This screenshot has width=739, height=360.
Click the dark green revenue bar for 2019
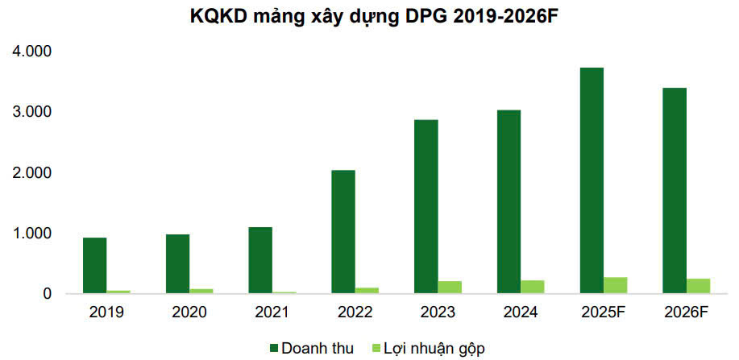pyautogui.click(x=95, y=266)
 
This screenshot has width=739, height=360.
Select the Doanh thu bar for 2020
pyautogui.click(x=178, y=264)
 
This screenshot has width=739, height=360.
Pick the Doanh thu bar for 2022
pyautogui.click(x=343, y=232)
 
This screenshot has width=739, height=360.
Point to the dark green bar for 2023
pyautogui.click(x=426, y=207)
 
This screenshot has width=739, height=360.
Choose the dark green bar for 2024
pyautogui.click(x=509, y=202)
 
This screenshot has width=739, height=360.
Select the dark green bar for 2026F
pyautogui.click(x=675, y=191)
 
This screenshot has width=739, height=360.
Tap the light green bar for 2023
pyautogui.click(x=450, y=288)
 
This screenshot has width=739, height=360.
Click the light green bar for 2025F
pyautogui.click(x=616, y=286)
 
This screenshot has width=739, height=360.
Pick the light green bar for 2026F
pyautogui.click(x=698, y=286)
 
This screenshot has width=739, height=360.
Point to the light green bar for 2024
pyautogui.click(x=533, y=287)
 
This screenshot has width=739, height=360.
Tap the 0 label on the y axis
pyautogui.click(x=48, y=294)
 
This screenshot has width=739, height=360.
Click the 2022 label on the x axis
pyautogui.click(x=355, y=312)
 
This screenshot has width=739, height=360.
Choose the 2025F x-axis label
pyautogui.click(x=604, y=312)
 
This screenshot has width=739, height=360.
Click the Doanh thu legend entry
pyautogui.click(x=313, y=348)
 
